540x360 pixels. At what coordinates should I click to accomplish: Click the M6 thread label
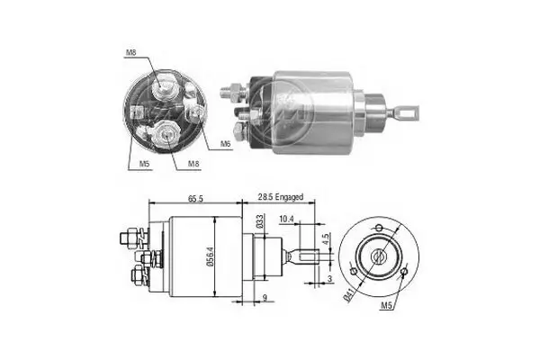[226, 143]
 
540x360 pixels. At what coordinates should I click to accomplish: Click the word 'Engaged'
[293, 196]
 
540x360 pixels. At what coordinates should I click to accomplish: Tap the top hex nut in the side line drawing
[128, 238]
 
